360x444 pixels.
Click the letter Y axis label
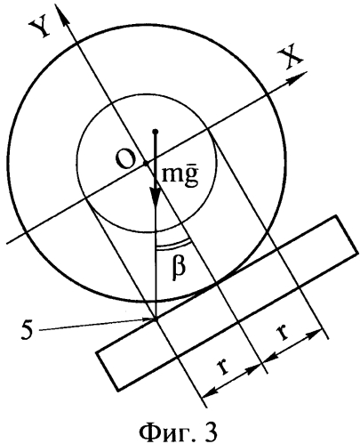tap(40, 28)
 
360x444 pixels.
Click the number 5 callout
tap(28, 329)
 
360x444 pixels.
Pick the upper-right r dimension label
tap(283, 333)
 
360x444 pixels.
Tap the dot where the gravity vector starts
tap(155, 131)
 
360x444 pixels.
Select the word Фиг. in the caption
tap(167, 432)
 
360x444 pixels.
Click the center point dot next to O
tap(145, 163)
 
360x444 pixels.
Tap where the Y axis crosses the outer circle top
tap(76, 44)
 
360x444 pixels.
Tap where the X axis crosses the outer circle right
tap(268, 94)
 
